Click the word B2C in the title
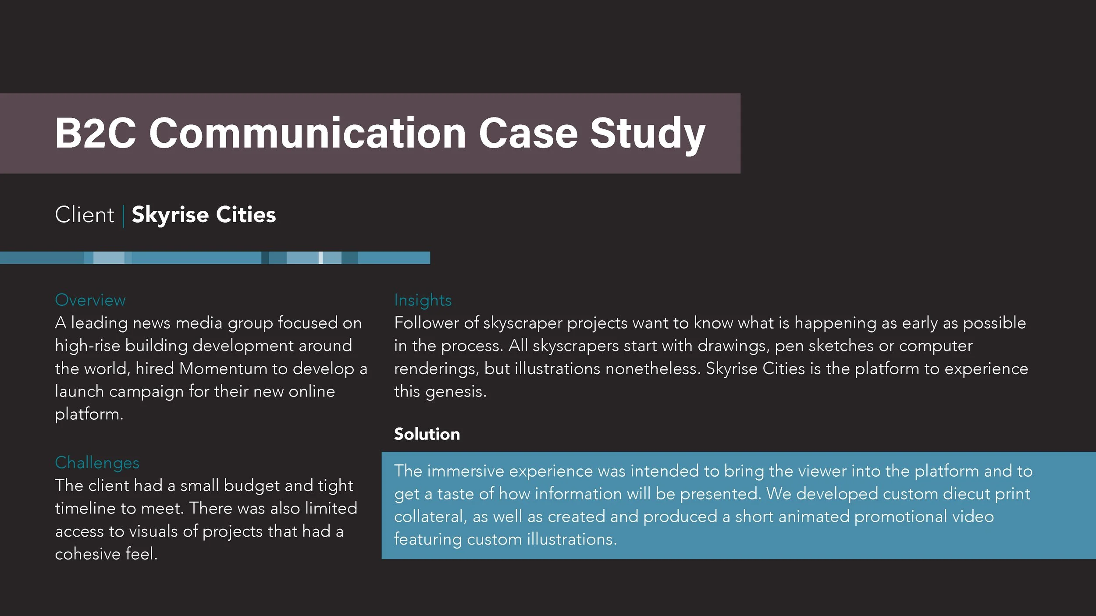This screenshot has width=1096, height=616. tap(95, 133)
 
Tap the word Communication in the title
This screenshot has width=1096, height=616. tap(307, 133)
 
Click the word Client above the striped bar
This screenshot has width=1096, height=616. tap(85, 215)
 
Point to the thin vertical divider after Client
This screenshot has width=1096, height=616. tap(123, 216)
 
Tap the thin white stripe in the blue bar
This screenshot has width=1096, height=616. tap(320, 258)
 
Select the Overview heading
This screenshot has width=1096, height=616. tap(90, 300)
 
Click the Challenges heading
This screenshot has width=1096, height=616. tap(97, 463)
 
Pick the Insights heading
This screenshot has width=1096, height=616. tap(423, 300)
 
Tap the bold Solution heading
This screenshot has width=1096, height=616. tap(427, 434)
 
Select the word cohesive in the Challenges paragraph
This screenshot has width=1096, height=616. tap(88, 554)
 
